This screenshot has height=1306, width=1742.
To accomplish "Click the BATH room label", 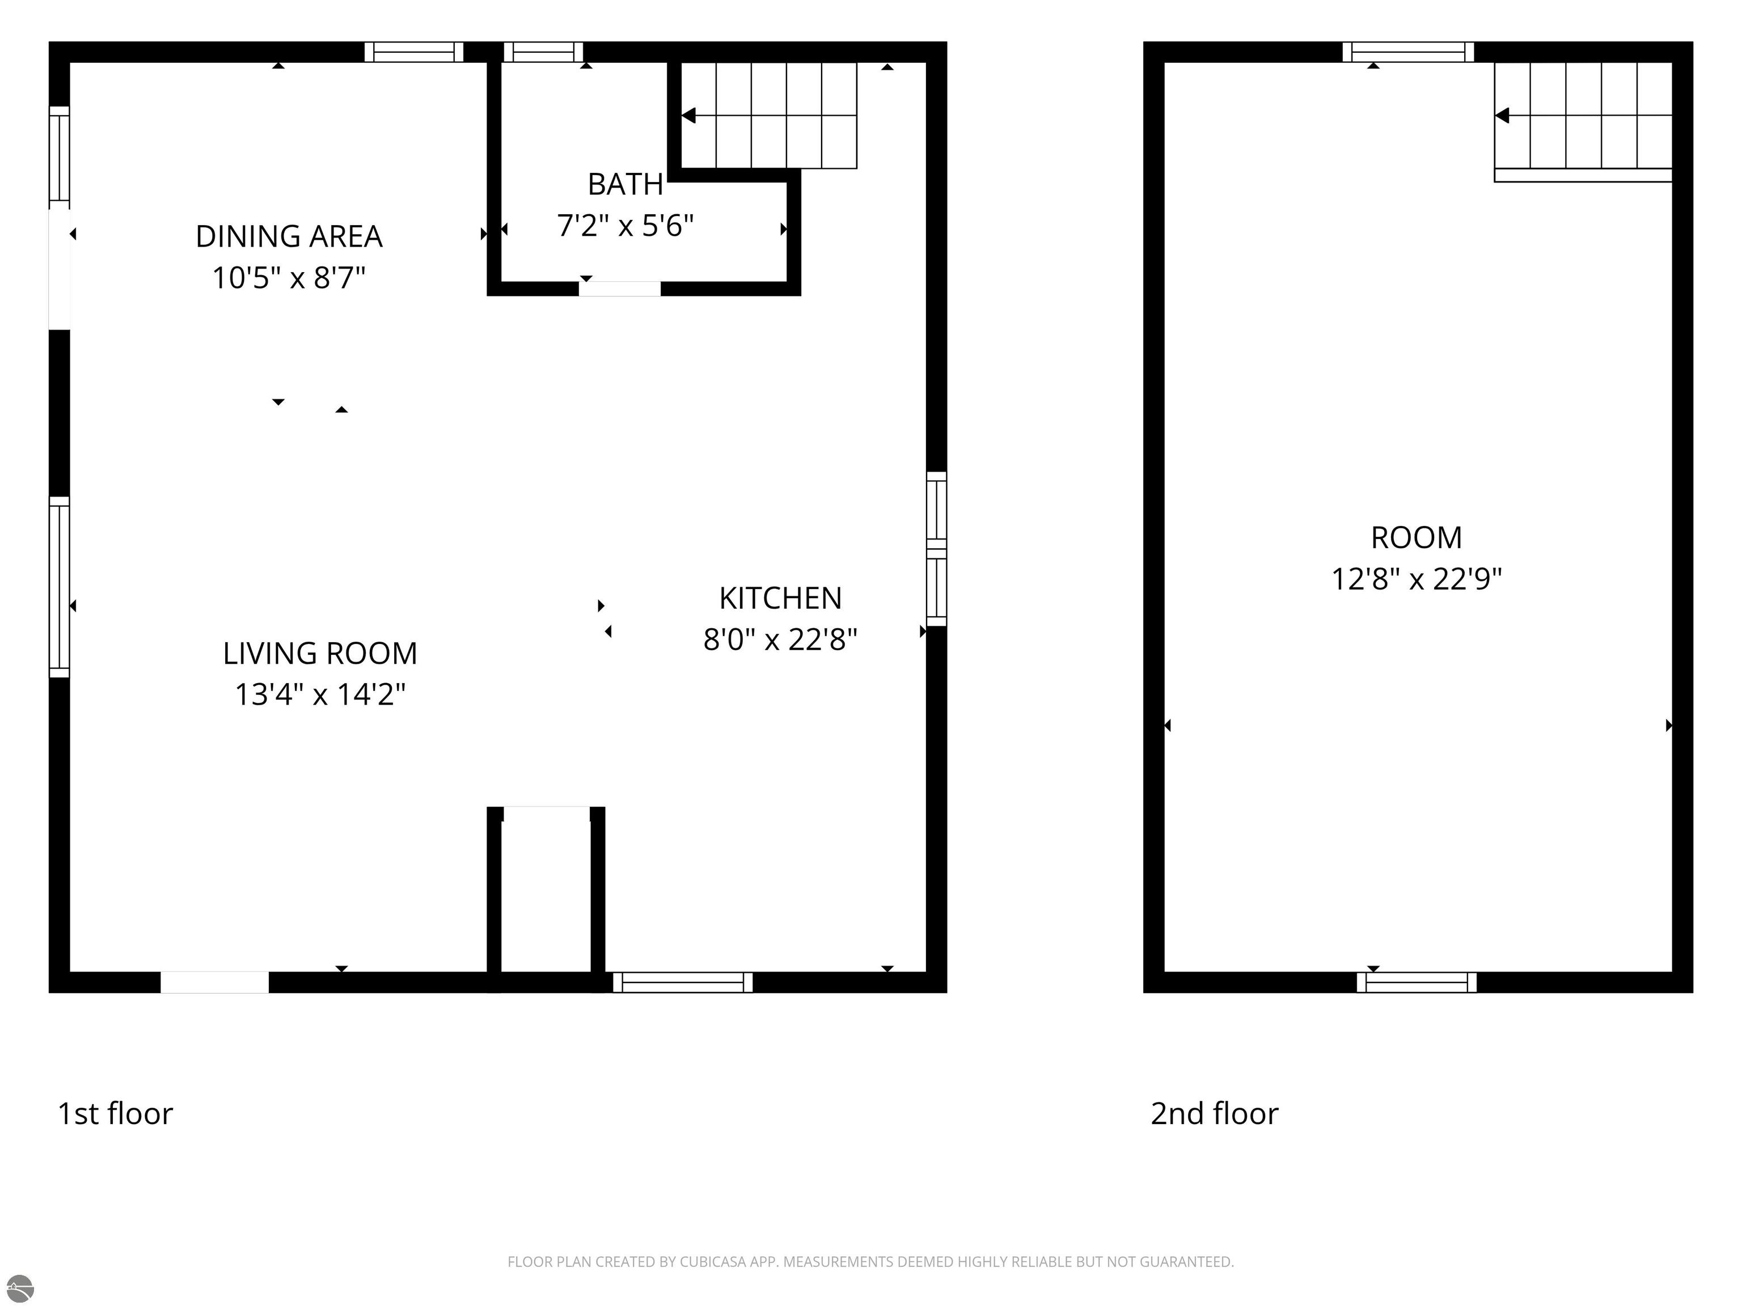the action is (625, 184).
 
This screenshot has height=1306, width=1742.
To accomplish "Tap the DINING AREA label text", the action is (289, 236).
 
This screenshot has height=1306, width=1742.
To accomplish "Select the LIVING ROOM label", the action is (320, 654).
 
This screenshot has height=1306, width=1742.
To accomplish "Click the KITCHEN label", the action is (780, 598).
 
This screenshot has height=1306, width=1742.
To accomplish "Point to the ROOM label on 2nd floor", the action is (1416, 538).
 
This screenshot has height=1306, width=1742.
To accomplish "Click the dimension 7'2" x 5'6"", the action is (625, 226).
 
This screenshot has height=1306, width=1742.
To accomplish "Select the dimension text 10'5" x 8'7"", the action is (289, 278).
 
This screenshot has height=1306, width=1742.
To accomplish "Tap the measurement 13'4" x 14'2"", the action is (320, 694).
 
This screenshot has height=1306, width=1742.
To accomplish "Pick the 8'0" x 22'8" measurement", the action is (780, 639).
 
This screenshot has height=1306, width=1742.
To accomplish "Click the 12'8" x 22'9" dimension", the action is (1416, 579).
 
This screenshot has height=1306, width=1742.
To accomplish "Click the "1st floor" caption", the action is (115, 1114).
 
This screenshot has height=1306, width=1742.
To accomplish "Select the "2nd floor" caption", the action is (1215, 1114).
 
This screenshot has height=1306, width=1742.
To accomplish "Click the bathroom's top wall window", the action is (543, 52).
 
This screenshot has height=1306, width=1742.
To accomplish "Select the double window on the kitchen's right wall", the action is (936, 549).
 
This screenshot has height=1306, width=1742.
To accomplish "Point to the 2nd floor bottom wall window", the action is (1416, 982).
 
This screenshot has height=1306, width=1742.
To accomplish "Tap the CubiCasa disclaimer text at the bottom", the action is (870, 1262).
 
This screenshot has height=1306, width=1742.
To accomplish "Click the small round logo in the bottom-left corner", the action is (20, 1288).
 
